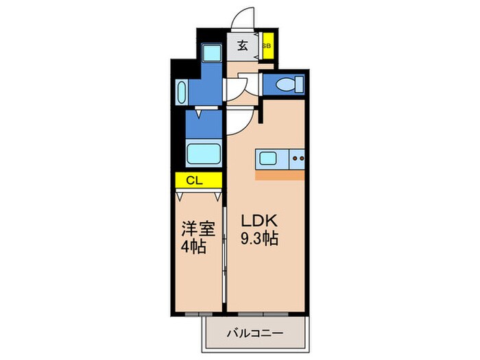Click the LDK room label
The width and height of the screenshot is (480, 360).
coord(259,220)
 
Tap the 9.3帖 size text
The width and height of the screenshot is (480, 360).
coord(259,239)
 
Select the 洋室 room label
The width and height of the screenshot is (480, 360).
coord(198,228)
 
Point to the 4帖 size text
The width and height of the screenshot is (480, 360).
coord(193,246)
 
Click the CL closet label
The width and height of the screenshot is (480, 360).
coord(194,180)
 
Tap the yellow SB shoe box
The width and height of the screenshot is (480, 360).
coord(268,46)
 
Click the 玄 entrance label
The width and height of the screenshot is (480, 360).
coord(243,46)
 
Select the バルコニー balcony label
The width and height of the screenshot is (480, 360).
coord(255,333)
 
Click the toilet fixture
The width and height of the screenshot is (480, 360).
coord(289,84)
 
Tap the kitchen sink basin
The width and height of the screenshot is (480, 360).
coord(268,158)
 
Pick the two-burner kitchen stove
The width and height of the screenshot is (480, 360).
coord(297,158)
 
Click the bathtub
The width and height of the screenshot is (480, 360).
coord(204,154)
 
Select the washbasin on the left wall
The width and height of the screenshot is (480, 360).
coord(182,92)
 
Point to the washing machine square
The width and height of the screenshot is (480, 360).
coord(211,53)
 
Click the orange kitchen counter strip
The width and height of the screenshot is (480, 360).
coord(280,176)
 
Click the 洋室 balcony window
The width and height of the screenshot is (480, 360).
coord(199,314)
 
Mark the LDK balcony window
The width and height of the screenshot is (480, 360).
coord(263,314)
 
